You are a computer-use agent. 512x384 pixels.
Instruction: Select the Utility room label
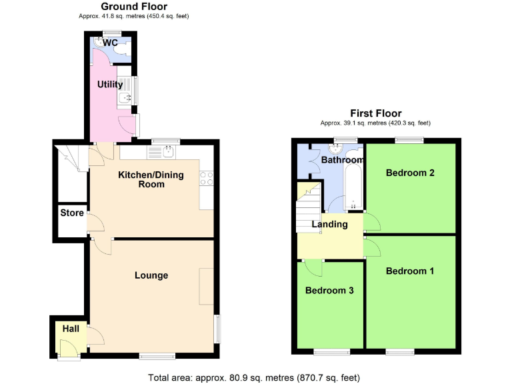pos(110,85)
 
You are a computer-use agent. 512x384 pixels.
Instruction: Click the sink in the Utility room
pos(124,100)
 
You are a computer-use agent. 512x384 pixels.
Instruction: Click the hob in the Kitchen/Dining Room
pos(206,178)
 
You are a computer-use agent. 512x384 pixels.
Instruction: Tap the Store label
pos(72,213)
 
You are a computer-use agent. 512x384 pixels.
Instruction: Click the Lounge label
pos(151,275)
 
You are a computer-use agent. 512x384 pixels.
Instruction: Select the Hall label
pos(71,329)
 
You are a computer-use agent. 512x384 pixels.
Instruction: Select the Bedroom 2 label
pos(410,173)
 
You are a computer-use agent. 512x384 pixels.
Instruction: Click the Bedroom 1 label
pos(410,271)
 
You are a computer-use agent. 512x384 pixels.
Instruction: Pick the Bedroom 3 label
pos(329,291)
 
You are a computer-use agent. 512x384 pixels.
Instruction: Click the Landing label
pos(330,224)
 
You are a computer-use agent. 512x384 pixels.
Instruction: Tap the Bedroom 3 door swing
pos(313,267)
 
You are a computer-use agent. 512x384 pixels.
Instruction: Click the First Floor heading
pos(376,113)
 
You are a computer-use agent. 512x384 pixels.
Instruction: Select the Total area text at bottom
pos(253,377)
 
